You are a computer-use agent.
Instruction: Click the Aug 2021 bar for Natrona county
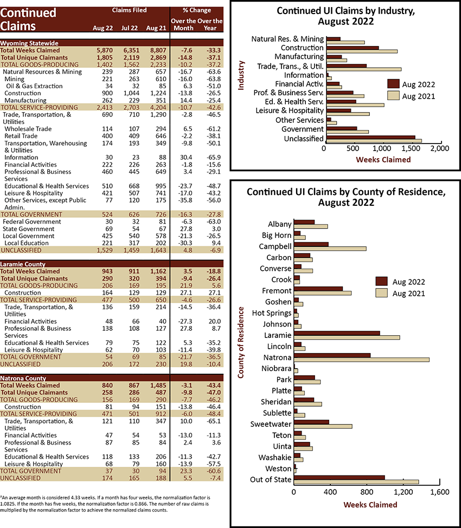click(362, 360)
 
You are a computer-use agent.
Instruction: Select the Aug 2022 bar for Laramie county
click(337, 334)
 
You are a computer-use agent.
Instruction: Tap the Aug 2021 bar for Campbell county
click(330, 249)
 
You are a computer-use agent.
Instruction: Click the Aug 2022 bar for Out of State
click(340, 478)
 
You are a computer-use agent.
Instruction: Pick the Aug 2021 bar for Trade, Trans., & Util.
click(364, 69)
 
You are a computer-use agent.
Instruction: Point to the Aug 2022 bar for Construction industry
click(353, 48)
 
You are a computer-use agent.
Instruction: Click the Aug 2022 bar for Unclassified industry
click(370, 138)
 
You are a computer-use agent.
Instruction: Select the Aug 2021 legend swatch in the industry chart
click(393, 96)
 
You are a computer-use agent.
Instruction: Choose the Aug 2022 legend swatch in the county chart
click(381, 281)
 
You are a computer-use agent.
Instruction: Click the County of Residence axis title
click(241, 342)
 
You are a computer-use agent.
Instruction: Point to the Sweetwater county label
click(271, 424)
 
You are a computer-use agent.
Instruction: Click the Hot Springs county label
click(272, 313)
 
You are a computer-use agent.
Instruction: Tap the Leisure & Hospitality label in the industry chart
click(290, 110)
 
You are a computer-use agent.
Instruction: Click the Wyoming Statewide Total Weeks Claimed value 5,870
click(105, 50)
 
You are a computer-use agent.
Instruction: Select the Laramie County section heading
click(23, 264)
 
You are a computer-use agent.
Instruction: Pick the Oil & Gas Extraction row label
click(34, 86)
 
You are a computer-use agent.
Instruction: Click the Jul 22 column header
click(130, 28)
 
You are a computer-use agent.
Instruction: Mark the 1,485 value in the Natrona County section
click(158, 386)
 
